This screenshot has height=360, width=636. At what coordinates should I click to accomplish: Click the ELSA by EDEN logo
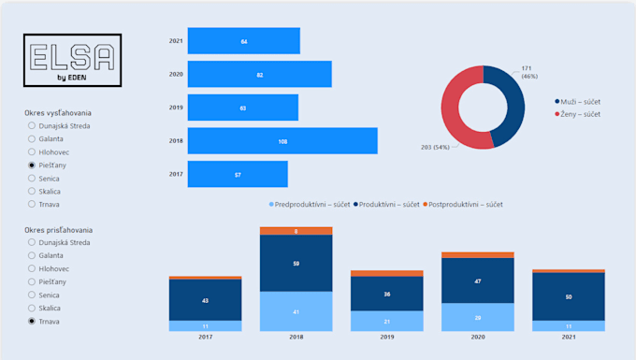(x=72, y=63)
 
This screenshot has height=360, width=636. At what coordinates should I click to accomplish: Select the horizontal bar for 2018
(x=282, y=141)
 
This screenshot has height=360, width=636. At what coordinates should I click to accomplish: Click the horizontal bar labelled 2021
(x=243, y=41)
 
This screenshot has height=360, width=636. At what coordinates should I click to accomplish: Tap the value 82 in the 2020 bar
(x=259, y=75)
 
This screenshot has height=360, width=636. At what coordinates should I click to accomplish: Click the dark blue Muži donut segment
(x=511, y=106)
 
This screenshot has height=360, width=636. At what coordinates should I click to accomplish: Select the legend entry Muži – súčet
(x=581, y=101)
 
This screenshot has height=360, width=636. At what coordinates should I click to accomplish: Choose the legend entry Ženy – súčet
(x=581, y=114)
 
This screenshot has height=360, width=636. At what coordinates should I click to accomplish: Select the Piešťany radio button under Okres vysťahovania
(x=33, y=164)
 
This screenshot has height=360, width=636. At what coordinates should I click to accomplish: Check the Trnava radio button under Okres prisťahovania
(x=33, y=321)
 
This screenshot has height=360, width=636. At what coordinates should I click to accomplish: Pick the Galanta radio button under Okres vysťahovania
(x=33, y=137)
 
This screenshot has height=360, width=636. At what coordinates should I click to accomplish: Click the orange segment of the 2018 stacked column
(x=296, y=231)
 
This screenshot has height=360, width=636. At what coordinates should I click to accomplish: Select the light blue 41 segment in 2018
(x=296, y=311)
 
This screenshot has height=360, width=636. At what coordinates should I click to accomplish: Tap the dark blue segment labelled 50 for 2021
(x=569, y=297)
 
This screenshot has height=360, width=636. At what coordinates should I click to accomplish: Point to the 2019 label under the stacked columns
(x=386, y=338)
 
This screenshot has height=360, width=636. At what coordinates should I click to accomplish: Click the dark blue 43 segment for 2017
(x=205, y=300)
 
